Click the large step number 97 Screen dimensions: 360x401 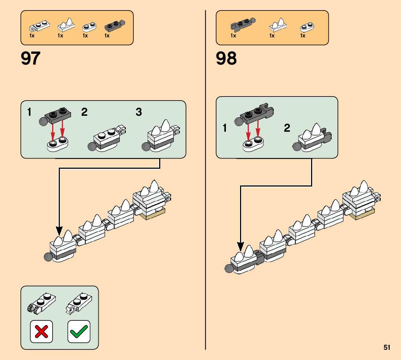click(31, 59)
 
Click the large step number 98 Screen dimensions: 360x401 click(226, 59)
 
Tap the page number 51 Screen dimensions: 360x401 click(387, 347)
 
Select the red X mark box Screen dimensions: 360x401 click(41, 331)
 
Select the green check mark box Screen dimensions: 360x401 click(79, 331)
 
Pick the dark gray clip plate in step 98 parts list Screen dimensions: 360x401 click(241, 25)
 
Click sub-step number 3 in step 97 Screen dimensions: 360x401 click(139, 112)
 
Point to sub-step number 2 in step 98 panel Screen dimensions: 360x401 click(287, 128)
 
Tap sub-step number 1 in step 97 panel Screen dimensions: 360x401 click(29, 112)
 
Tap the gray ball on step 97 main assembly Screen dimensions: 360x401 click(47, 257)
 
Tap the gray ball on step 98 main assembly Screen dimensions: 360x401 click(229, 269)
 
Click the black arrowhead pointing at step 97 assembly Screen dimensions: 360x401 click(59, 231)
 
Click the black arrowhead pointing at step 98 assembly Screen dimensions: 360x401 click(240, 247)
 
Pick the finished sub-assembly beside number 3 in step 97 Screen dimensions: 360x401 click(161, 137)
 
